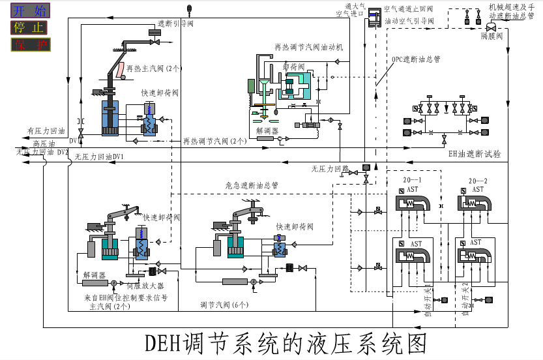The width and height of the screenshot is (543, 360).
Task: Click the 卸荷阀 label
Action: click(293, 67)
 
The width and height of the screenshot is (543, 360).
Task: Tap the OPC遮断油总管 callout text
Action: click(415, 59)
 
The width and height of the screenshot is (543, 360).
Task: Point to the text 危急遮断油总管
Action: click(252, 185)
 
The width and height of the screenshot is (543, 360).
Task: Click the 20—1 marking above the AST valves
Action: click(412, 180)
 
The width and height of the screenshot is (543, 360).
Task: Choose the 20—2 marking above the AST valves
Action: click(478, 180)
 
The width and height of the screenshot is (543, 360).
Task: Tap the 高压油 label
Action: click(44, 143)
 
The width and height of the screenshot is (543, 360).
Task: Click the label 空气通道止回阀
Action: click(409, 9)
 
